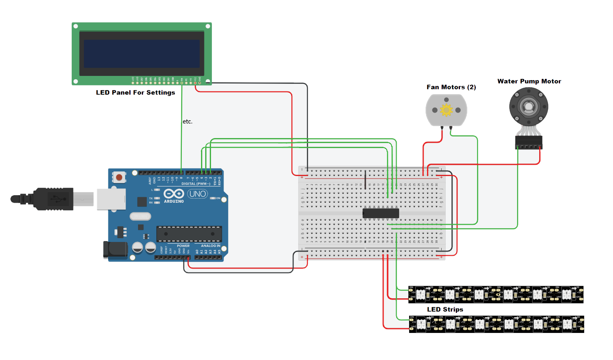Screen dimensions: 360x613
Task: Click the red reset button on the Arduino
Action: pyautogui.click(x=119, y=177)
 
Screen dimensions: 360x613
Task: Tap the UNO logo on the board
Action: pyautogui.click(x=197, y=194)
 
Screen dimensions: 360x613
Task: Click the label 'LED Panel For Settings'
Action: pyautogui.click(x=136, y=93)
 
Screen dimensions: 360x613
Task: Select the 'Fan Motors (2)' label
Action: pyautogui.click(x=451, y=87)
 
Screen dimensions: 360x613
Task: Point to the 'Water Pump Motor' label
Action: pyautogui.click(x=529, y=81)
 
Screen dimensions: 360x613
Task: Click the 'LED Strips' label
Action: pyautogui.click(x=445, y=310)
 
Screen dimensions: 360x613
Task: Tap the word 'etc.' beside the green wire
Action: pyautogui.click(x=188, y=122)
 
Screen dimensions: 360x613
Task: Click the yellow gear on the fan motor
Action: pyautogui.click(x=446, y=110)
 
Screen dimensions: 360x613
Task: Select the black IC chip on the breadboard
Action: pyautogui.click(x=381, y=213)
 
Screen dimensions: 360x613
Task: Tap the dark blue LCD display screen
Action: pyautogui.click(x=142, y=54)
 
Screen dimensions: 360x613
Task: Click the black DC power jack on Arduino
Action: pyautogui.click(x=115, y=249)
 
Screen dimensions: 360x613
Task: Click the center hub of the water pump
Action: pyautogui.click(x=529, y=107)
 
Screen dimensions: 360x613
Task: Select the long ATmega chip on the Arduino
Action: pyautogui.click(x=189, y=234)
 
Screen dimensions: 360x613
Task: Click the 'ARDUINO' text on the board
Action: pyautogui.click(x=174, y=201)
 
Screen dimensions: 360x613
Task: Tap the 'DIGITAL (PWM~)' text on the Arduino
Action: pyautogui.click(x=196, y=184)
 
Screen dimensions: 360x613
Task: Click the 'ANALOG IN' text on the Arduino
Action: pyautogui.click(x=211, y=246)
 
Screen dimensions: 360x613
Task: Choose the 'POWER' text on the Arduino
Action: pyautogui.click(x=183, y=246)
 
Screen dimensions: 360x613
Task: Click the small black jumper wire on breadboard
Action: pyautogui.click(x=365, y=180)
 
